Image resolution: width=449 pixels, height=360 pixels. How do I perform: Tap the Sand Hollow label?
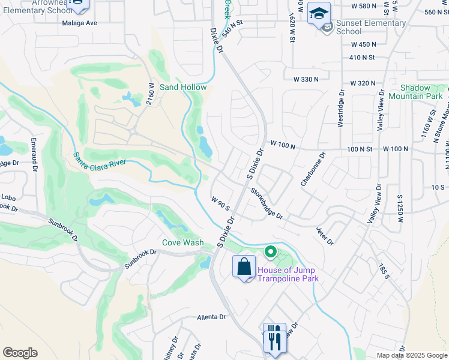183,88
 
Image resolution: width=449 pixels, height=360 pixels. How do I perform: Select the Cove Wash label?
182,243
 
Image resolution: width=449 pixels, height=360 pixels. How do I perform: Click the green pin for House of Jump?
271,253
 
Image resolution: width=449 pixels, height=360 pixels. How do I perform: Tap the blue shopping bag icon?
244,267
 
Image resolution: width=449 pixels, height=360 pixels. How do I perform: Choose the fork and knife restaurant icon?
274,339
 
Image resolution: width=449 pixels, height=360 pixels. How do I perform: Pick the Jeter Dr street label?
325,235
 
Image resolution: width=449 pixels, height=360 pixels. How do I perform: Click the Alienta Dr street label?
210,317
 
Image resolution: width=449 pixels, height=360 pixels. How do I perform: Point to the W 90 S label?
220,203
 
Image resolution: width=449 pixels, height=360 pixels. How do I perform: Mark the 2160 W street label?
152,95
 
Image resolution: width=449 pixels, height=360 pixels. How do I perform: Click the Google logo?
20,353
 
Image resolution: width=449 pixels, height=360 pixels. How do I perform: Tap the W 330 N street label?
308,80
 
